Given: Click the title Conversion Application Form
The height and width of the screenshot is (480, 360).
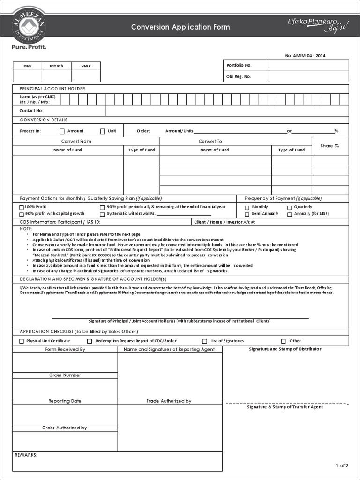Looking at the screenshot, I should click(180, 27).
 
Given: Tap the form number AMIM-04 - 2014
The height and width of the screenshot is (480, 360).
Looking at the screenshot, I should click(305, 56).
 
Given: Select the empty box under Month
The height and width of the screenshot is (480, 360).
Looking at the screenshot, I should click(56, 76).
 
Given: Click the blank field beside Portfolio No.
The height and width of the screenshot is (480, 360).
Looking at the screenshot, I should click(308, 65).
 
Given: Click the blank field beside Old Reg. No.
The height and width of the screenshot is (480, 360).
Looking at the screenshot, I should click(308, 76).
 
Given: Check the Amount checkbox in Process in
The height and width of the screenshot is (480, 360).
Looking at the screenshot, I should click(62, 131).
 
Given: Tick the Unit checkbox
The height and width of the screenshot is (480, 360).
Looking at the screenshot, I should click(103, 131).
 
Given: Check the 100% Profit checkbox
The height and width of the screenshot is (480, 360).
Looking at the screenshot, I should click(22, 207).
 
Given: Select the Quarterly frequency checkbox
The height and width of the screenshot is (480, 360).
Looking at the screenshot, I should click(290, 207).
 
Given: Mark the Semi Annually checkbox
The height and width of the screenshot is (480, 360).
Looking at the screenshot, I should click(247, 214).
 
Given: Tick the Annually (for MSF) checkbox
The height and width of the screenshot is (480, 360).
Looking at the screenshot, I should click(290, 214).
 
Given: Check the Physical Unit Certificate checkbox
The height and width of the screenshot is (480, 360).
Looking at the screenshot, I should click(22, 341).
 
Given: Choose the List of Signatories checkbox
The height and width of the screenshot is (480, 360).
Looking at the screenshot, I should click(204, 341).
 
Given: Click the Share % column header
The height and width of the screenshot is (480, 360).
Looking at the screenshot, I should click(330, 146).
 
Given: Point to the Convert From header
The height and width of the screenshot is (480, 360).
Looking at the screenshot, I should click(76, 141).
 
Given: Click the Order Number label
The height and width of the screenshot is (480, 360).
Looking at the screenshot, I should click(65, 375).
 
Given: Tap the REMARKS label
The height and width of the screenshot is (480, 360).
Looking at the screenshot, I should click(26, 455).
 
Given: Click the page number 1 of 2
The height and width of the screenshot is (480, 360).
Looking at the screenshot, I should click(342, 465).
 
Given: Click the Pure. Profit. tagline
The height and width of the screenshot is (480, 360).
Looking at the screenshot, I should click(29, 46).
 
